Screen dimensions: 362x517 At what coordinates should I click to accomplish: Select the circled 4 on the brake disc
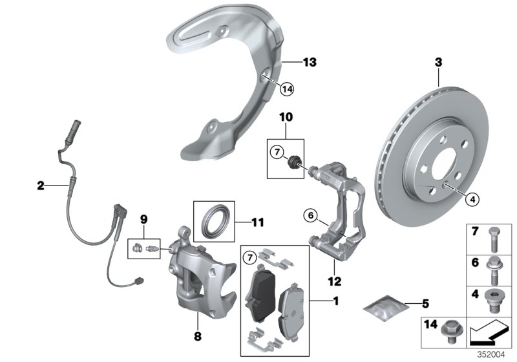[x=473, y=200]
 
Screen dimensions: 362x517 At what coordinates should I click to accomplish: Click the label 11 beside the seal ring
[x=257, y=223]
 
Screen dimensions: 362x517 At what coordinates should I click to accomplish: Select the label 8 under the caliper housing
[x=198, y=335]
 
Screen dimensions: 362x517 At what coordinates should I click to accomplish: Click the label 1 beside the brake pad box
[x=335, y=301]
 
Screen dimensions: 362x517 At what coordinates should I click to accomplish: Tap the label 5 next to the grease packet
[x=424, y=302]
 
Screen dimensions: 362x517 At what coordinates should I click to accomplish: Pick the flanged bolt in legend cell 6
[x=495, y=267]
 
